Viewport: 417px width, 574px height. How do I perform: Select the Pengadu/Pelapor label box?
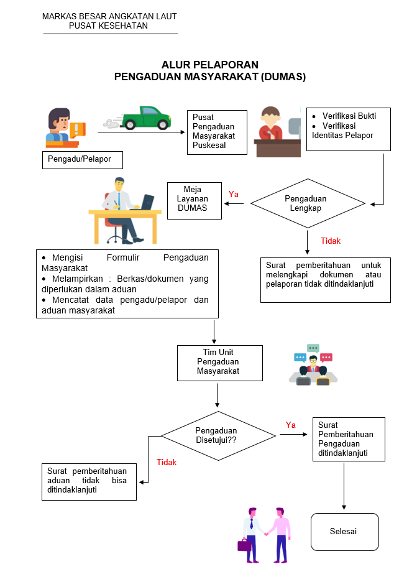pos(82,159)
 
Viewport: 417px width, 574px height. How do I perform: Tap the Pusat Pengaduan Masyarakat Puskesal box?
pos(213,132)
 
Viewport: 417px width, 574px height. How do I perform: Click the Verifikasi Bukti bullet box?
pos(348,129)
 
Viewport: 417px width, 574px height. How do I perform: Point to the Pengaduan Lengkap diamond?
pos(308,203)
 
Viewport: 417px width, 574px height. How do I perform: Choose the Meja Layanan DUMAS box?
pos(195,200)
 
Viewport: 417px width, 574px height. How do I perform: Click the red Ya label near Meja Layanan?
pos(234,194)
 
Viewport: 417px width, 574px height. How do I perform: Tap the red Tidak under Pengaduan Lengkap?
pos(330,241)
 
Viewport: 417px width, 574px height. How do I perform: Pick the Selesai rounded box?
pos(344,532)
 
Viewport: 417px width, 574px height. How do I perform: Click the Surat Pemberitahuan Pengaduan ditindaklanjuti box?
pos(348,439)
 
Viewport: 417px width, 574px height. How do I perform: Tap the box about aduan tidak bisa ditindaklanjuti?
pos(88,481)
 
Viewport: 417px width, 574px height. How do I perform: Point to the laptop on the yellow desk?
pos(147,202)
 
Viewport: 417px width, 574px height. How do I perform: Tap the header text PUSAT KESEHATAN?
pos(109,25)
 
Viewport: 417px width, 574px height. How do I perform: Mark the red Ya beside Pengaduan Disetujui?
pos(290,425)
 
